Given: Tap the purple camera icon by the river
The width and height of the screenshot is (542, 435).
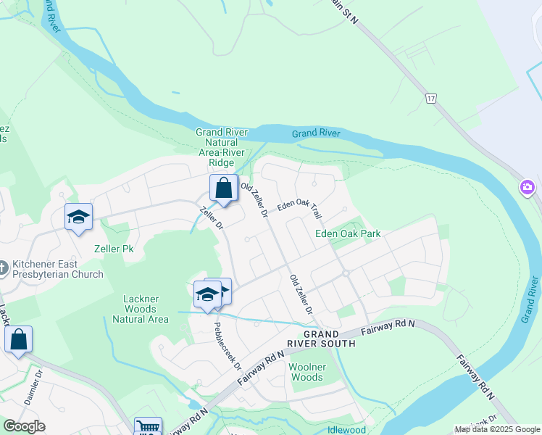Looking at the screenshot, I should pyautogui.click(x=527, y=188).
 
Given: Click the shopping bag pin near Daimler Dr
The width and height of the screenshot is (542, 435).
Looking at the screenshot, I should pyautogui.click(x=18, y=339).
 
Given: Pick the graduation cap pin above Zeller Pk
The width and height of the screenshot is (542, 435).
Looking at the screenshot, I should pyautogui.click(x=78, y=217).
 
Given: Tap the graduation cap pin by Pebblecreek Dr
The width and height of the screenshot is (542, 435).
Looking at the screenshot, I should pyautogui.click(x=207, y=294).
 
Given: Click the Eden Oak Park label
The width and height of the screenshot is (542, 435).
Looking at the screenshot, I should pyautogui.click(x=348, y=233).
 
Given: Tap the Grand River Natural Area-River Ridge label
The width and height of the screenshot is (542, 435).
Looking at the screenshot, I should pyautogui.click(x=222, y=147).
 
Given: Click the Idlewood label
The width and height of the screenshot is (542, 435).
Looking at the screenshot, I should pyautogui.click(x=346, y=429).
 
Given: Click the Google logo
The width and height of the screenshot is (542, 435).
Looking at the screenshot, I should pyautogui.click(x=23, y=426).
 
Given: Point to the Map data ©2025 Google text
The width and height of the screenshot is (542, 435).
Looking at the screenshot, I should pyautogui.click(x=496, y=429).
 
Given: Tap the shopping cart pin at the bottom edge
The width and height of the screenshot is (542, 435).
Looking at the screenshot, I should pyautogui.click(x=148, y=428).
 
